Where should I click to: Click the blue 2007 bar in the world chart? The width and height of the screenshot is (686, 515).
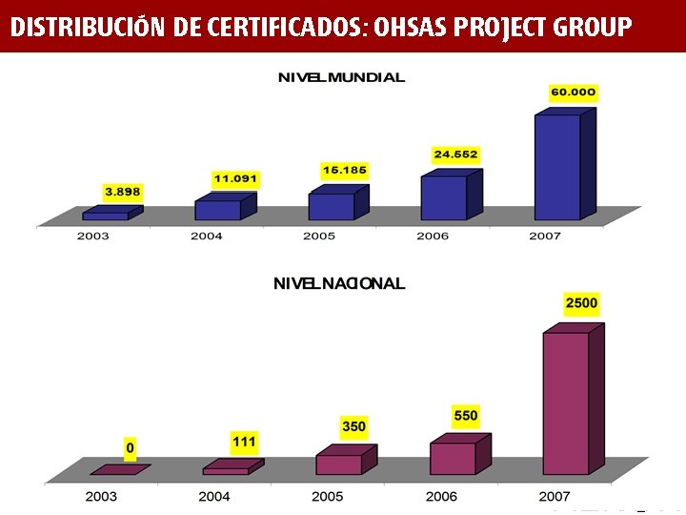point(557,167)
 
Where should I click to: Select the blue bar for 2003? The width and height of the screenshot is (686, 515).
point(105,216)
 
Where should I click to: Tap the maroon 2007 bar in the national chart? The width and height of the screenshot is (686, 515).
point(566,402)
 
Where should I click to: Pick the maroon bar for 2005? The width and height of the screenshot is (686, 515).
point(339,464)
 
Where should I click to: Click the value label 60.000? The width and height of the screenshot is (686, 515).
point(573,93)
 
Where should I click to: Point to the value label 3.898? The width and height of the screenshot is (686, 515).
point(123,192)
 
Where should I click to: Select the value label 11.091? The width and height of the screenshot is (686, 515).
point(235,178)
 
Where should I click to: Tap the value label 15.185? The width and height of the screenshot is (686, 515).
point(345,170)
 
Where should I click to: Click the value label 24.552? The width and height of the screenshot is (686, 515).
point(455,154)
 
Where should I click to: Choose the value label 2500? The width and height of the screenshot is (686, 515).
point(581,303)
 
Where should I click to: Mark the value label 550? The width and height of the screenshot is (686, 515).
point(466,416)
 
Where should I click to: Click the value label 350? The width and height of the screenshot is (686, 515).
point(353,426)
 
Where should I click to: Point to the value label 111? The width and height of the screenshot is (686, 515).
point(244,442)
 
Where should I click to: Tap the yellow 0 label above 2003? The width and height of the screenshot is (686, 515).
point(131,447)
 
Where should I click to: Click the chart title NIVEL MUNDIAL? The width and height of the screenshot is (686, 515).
point(341,77)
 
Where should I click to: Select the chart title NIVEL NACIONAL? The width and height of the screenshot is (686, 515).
point(339,283)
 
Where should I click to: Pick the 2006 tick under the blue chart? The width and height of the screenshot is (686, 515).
point(433,236)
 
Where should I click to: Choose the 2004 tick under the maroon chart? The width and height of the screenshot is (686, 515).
point(214,496)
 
